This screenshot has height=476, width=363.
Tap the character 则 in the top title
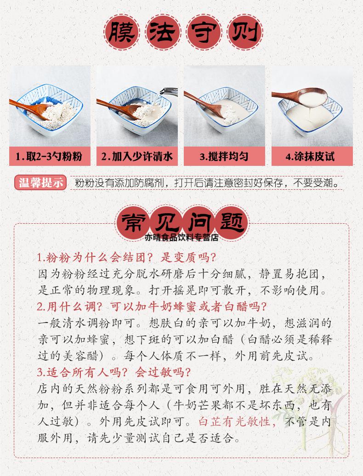click(x=244, y=34)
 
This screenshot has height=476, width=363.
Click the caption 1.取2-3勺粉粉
click(x=49, y=157)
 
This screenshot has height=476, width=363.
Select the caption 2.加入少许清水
click(x=136, y=157)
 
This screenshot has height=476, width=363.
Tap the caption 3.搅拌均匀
click(x=224, y=157)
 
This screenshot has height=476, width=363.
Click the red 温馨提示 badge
click(x=40, y=182)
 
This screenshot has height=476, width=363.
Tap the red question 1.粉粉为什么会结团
click(x=126, y=257)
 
